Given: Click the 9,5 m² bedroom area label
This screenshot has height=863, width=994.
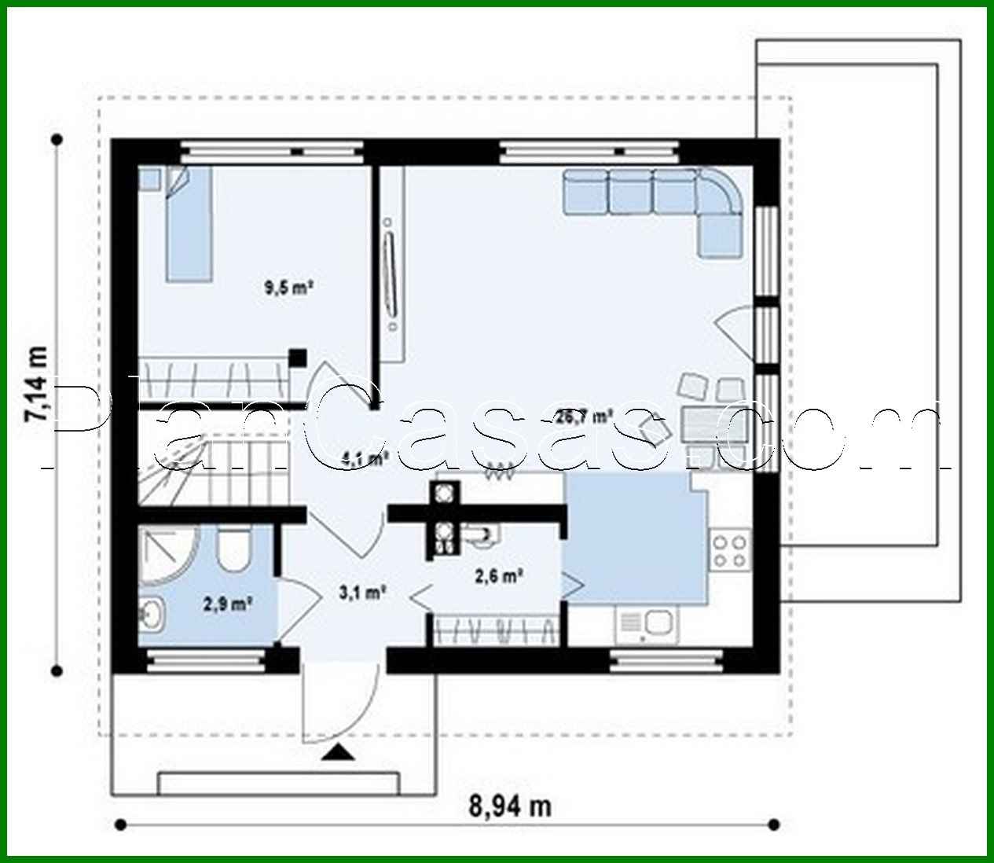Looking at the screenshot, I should [x=288, y=288].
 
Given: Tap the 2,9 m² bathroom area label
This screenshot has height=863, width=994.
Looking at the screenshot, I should [x=227, y=604].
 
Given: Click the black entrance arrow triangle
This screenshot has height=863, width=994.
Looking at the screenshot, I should [x=339, y=752].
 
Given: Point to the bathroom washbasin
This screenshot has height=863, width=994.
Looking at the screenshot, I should [x=152, y=614].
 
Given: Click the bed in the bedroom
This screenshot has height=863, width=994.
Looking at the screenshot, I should [x=188, y=223].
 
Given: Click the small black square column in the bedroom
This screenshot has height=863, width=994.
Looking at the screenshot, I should [x=297, y=358].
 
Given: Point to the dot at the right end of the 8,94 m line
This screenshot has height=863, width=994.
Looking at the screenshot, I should [x=774, y=824].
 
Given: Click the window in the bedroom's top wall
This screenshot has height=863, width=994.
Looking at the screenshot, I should [x=272, y=150].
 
